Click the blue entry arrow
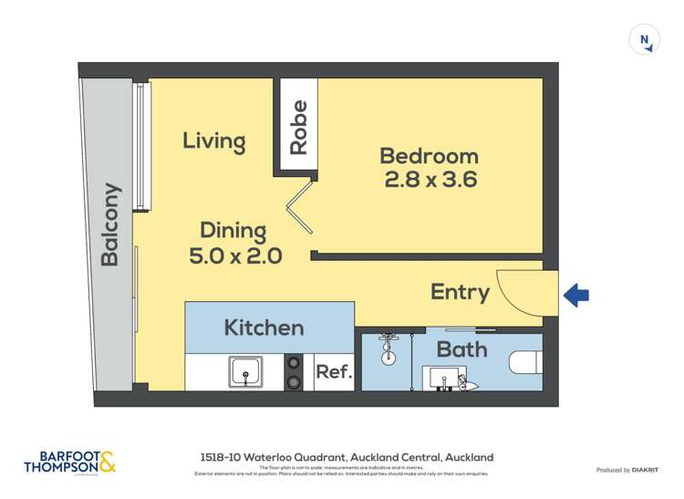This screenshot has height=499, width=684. [576, 295]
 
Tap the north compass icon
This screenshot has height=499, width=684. [644, 40]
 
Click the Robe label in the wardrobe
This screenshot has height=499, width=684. [298, 127]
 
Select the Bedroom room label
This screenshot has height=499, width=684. [429, 156]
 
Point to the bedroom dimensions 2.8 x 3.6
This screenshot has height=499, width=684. [430, 180]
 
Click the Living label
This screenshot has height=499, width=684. [214, 141]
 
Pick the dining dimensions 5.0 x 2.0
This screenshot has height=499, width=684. [235, 256]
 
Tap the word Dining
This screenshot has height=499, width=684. [233, 231]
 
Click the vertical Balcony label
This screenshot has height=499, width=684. [110, 225]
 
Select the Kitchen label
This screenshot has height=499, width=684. [264, 327]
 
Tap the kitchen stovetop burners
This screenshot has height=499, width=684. [294, 370]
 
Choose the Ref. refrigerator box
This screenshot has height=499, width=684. [334, 372]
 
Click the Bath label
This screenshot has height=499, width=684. [461, 349]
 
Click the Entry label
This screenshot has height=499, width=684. [460, 293]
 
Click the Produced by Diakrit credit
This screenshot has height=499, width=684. [627, 470]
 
